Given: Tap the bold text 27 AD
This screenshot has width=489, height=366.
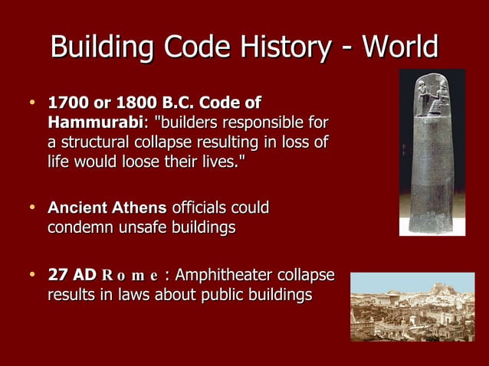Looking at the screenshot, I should click(x=72, y=275).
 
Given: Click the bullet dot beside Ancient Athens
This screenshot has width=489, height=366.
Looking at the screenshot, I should click(x=31, y=208).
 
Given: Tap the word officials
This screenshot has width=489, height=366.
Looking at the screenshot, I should click(x=202, y=208).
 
